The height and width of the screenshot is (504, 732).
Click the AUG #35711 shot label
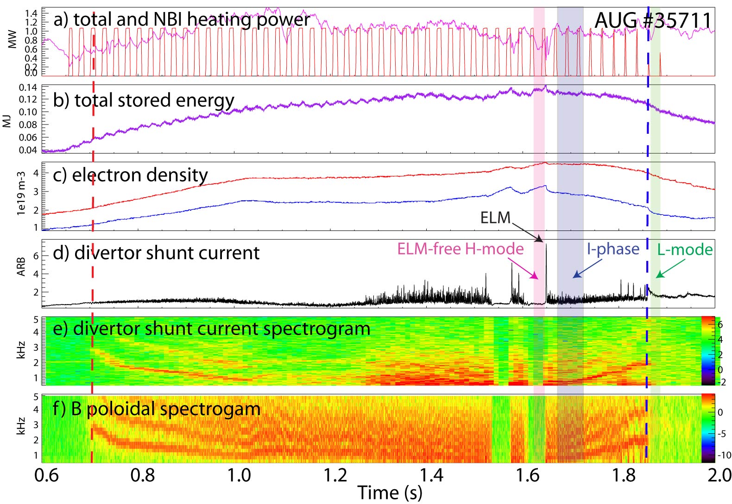coord(653,20)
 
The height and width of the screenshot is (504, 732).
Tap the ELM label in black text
coord(495,218)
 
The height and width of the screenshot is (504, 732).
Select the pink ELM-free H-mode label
coord(460,249)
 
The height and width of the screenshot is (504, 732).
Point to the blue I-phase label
coord(613,249)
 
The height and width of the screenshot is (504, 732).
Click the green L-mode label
coord(685,250)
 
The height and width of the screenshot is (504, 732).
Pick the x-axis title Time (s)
coord(390,493)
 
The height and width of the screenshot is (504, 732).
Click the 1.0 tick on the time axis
coord(239,475)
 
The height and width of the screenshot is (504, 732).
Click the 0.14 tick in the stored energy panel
coord(28,87)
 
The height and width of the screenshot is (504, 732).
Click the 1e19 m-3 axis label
coord(21,193)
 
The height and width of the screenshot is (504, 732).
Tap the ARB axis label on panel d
coord(21,267)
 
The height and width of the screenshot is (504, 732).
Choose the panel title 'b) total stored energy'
coord(144,100)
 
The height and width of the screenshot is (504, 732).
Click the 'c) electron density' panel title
coord(131,175)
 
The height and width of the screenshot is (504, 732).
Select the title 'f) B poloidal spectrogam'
coord(156,409)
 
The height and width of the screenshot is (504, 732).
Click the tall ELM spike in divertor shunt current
coord(546,259)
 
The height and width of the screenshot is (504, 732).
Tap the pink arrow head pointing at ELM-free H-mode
coord(536,278)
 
